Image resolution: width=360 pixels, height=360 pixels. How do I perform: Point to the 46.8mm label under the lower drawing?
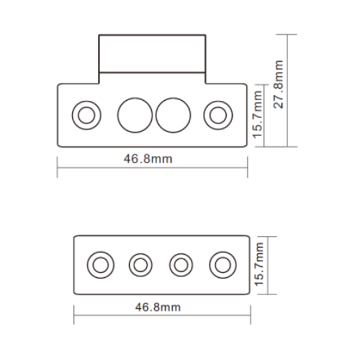(158, 307)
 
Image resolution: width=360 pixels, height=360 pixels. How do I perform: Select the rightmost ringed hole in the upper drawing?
(217, 114)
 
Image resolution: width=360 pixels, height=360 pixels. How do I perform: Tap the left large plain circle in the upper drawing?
(134, 114)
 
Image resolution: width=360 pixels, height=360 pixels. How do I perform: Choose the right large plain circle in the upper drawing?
(173, 114)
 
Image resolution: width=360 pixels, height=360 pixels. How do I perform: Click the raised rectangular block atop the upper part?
(152, 54)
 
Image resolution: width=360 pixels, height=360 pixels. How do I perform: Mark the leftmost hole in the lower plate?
(100, 264)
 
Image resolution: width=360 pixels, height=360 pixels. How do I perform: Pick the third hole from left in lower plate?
(181, 264)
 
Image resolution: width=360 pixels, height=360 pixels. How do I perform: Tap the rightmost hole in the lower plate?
(223, 264)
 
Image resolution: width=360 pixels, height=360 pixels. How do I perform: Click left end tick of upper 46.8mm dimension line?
(58, 167)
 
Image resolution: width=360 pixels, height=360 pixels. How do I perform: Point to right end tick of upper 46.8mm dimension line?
(247, 167)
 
